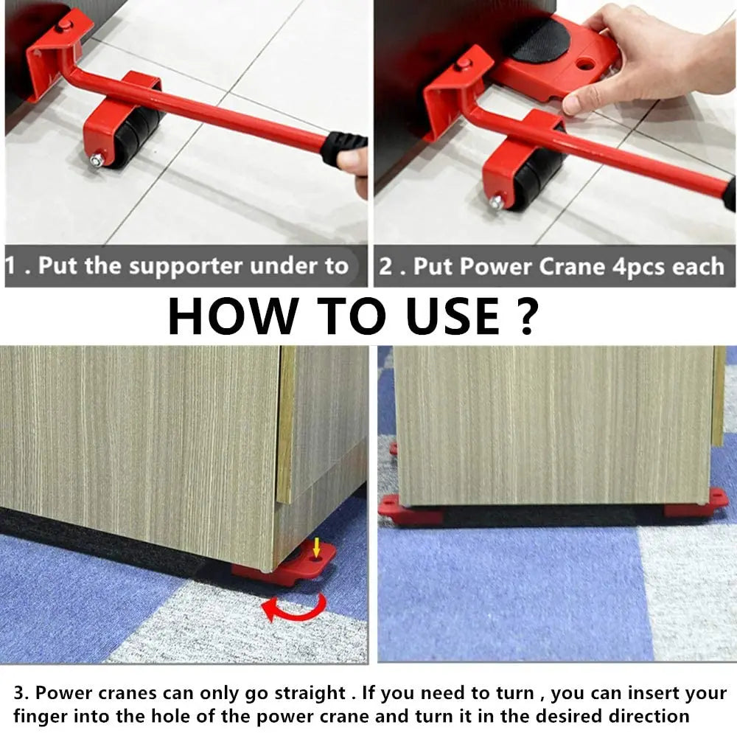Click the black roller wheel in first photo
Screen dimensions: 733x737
click(136, 137)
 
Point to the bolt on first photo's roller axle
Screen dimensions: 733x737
click(97, 159)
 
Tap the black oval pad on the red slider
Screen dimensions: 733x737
click(542, 41)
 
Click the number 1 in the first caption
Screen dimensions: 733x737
click(12, 266)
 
